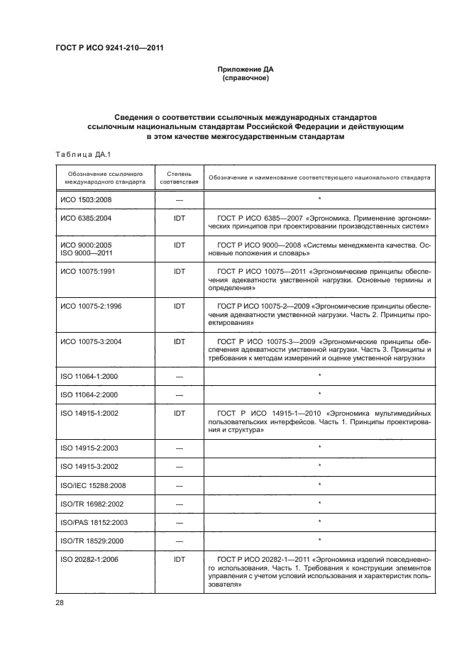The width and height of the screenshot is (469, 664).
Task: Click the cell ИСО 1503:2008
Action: (x=86, y=199)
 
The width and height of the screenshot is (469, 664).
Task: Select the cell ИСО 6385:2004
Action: (x=86, y=218)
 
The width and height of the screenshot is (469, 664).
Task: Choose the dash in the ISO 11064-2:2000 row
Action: (x=179, y=394)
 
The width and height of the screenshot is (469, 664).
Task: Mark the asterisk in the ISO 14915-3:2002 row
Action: (x=320, y=466)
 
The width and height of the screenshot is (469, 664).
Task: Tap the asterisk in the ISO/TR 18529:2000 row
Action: (x=320, y=541)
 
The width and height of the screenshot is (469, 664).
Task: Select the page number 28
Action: (x=60, y=603)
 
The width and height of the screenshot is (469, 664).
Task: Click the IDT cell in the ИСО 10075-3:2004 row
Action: (x=179, y=341)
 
